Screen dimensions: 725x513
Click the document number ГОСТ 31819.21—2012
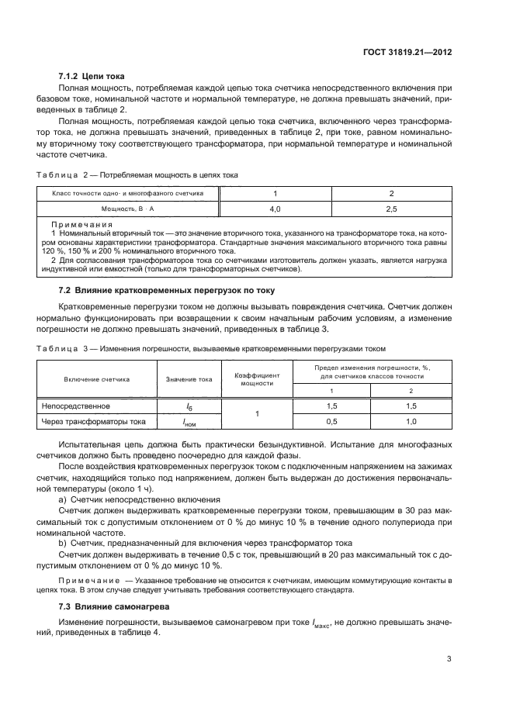point(407,54)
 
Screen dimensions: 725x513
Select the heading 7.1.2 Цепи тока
point(92,76)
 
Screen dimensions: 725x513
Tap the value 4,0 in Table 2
point(275,209)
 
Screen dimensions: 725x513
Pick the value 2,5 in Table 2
point(391,209)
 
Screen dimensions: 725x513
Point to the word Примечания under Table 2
point(76,223)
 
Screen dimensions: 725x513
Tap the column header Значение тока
point(189,379)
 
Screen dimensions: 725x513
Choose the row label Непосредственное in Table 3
point(76,406)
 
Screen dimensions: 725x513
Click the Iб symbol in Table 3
point(189,406)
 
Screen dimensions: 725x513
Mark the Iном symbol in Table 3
point(189,423)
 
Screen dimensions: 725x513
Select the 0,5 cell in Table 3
point(331,422)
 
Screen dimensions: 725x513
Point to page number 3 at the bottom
point(449,659)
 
